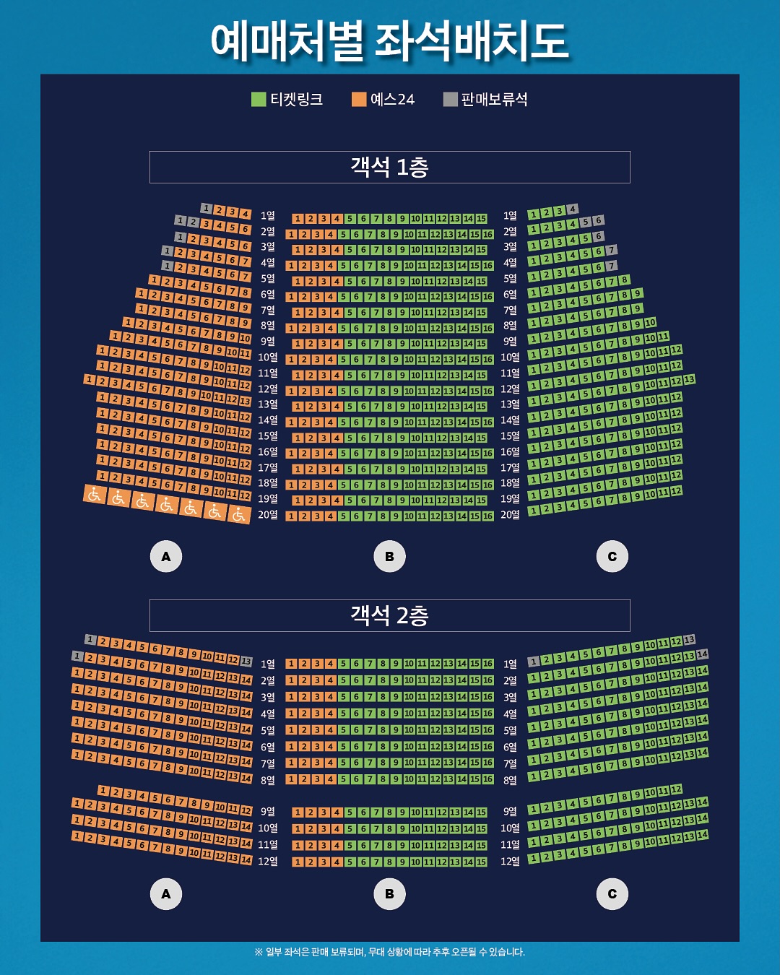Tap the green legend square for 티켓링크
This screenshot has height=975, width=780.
click(x=259, y=99)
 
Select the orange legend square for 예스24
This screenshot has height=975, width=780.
click(x=359, y=99)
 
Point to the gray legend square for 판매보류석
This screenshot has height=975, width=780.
click(x=450, y=99)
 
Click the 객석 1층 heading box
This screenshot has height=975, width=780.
click(x=389, y=167)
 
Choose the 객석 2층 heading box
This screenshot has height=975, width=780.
click(x=389, y=615)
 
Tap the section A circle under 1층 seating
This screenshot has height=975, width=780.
click(x=166, y=556)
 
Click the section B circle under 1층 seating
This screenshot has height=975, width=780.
click(x=389, y=556)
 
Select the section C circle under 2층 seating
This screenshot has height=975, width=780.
click(x=612, y=894)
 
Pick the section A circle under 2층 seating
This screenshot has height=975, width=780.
click(x=166, y=894)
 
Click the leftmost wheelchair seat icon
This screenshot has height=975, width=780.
click(x=95, y=495)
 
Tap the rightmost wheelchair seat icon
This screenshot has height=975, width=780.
click(x=239, y=514)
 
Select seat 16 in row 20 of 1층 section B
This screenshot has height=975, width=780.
click(x=488, y=516)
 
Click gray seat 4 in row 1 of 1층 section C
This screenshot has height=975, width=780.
click(x=573, y=209)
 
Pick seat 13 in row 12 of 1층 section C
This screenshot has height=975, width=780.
click(x=689, y=379)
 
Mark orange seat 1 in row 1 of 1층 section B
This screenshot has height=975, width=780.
click(x=298, y=219)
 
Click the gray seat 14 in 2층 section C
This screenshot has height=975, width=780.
click(x=702, y=654)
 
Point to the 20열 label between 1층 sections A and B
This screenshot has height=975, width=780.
click(x=268, y=515)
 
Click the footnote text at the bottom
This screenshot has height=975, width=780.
click(x=389, y=952)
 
